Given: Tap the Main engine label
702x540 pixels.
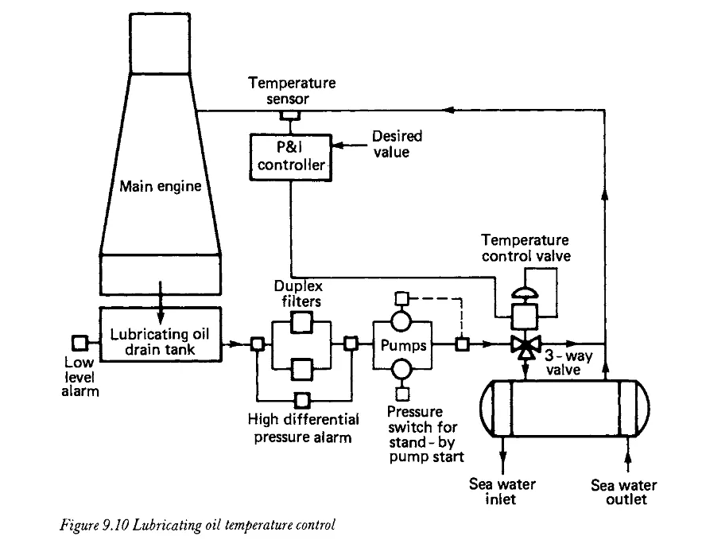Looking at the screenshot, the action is tap(161, 186).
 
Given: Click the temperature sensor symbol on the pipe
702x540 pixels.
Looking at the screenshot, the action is tap(290, 115).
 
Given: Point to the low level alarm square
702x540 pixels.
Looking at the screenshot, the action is tap(80, 344).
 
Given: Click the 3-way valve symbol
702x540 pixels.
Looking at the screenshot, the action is tap(526, 346).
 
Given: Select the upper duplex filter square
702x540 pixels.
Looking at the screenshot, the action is tap(301, 322).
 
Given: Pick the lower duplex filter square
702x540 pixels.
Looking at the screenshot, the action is tap(301, 369).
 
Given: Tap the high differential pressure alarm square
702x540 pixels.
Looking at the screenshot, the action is tap(302, 400).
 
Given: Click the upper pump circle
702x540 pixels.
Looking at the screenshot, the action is tap(401, 321).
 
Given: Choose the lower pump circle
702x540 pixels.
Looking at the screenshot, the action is tap(401, 370).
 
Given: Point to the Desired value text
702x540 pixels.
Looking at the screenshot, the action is tap(398, 144).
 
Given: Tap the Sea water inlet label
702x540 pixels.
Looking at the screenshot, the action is tap(502, 491).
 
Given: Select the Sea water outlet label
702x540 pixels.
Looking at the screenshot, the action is tap(624, 491).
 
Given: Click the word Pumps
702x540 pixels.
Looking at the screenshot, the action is tap(403, 345).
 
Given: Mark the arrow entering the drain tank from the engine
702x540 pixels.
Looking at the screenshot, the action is tap(161, 301).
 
